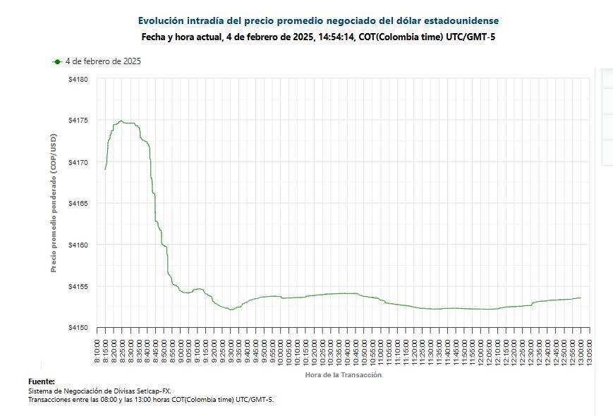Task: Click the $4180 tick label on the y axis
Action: (x=78, y=79)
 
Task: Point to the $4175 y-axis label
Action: (x=78, y=121)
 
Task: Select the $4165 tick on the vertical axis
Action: (x=78, y=204)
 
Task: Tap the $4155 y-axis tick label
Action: (x=78, y=287)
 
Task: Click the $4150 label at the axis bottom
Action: (x=78, y=328)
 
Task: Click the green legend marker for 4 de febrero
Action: (x=56, y=62)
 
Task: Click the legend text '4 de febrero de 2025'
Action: (x=103, y=62)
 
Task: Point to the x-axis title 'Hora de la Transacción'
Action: (x=344, y=375)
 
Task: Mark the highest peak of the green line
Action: (x=121, y=121)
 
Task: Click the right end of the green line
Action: (x=581, y=298)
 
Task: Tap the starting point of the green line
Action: (x=105, y=169)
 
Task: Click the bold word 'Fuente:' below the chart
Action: (x=42, y=381)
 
